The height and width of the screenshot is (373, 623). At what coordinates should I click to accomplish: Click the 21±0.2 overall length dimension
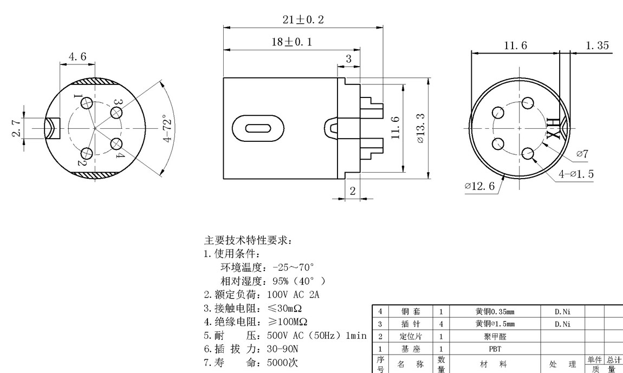303,19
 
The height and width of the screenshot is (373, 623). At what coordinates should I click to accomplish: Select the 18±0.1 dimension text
291,42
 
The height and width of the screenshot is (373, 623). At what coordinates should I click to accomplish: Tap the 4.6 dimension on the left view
77,56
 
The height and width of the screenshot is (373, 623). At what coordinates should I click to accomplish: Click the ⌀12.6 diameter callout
479,186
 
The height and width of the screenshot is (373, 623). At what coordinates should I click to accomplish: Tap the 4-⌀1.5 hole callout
576,174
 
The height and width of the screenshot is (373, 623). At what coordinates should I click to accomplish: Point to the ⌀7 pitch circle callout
582,154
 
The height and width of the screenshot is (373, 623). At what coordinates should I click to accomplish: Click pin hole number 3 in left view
116,112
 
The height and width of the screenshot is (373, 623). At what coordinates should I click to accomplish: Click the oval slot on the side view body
258,129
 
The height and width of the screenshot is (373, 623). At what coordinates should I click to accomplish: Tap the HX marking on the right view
553,128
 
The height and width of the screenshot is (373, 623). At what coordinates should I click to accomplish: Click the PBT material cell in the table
495,349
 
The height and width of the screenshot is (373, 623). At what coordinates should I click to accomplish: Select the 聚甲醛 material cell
495,336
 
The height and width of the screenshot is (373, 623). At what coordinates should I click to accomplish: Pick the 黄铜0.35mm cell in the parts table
495,312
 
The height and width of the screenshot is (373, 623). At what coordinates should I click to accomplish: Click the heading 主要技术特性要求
248,240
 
